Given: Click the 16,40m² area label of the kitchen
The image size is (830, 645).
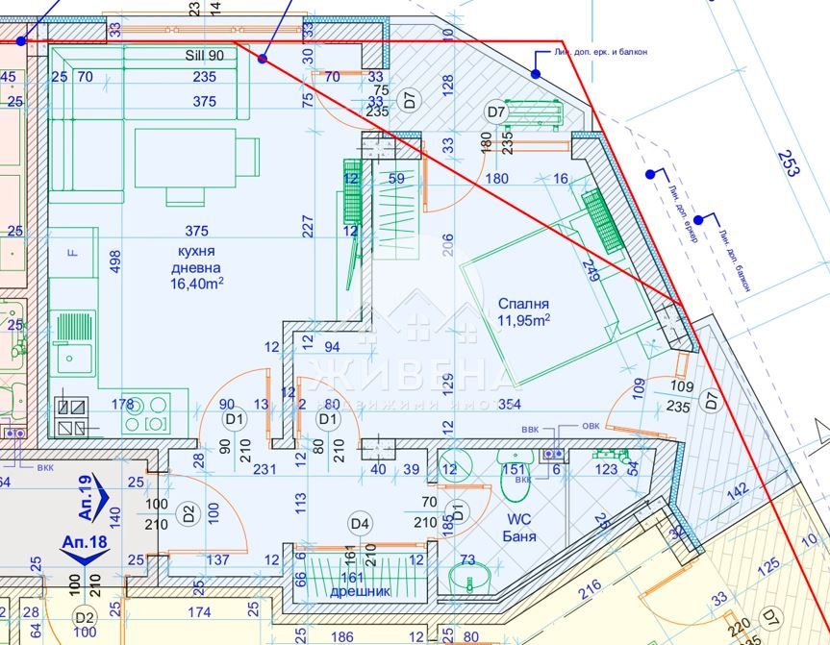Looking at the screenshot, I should click(196, 284).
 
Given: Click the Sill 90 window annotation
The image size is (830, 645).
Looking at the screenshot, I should click(204, 55).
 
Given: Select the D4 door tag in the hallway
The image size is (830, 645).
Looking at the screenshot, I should click(360, 523).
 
